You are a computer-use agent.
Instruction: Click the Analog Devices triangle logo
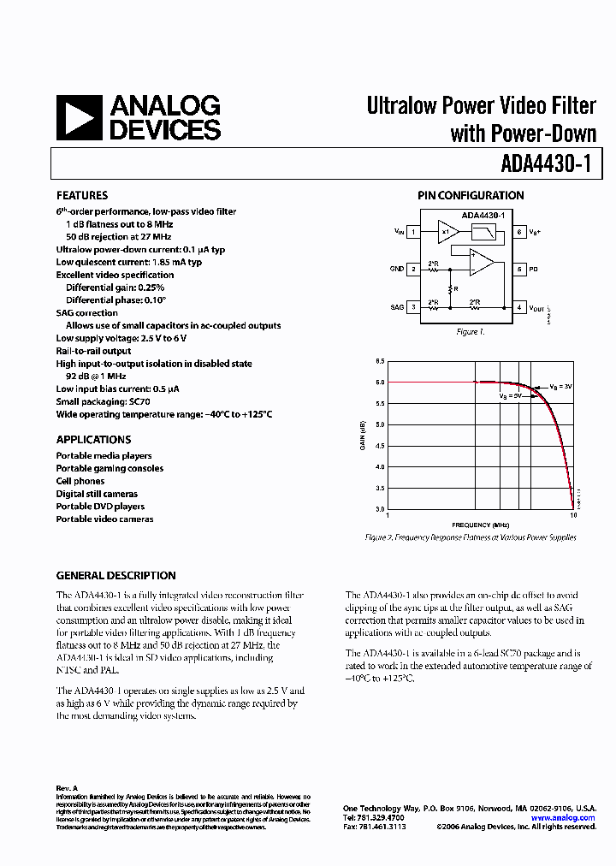point(79,118)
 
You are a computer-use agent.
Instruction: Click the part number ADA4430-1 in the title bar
point(546,163)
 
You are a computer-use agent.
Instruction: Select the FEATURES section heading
point(82,195)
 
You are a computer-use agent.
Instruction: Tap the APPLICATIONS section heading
point(93,440)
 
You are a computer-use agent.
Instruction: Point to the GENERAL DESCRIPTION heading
point(115,576)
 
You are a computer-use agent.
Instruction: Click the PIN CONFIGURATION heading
point(471,195)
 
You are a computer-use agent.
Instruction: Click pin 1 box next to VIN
point(413,231)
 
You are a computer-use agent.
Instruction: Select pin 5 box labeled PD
point(519,269)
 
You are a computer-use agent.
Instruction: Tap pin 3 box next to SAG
point(413,306)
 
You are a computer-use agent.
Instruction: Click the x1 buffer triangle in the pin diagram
point(447,231)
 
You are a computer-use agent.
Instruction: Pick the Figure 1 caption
point(470,332)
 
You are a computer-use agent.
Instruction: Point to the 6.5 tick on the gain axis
point(379,361)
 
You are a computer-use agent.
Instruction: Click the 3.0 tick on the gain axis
point(379,509)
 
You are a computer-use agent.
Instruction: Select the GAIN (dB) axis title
point(363,436)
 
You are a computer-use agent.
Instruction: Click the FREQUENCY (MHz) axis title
point(480,525)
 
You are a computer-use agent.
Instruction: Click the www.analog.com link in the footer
point(562,818)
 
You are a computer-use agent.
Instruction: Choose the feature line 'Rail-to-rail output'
point(94,351)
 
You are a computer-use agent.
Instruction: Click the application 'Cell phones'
point(80,481)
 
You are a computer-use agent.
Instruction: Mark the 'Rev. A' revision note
point(67,787)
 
